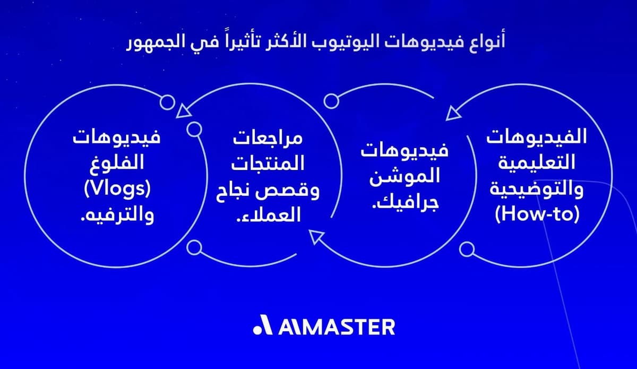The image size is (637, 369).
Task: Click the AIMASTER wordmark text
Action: click(x=337, y=327)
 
